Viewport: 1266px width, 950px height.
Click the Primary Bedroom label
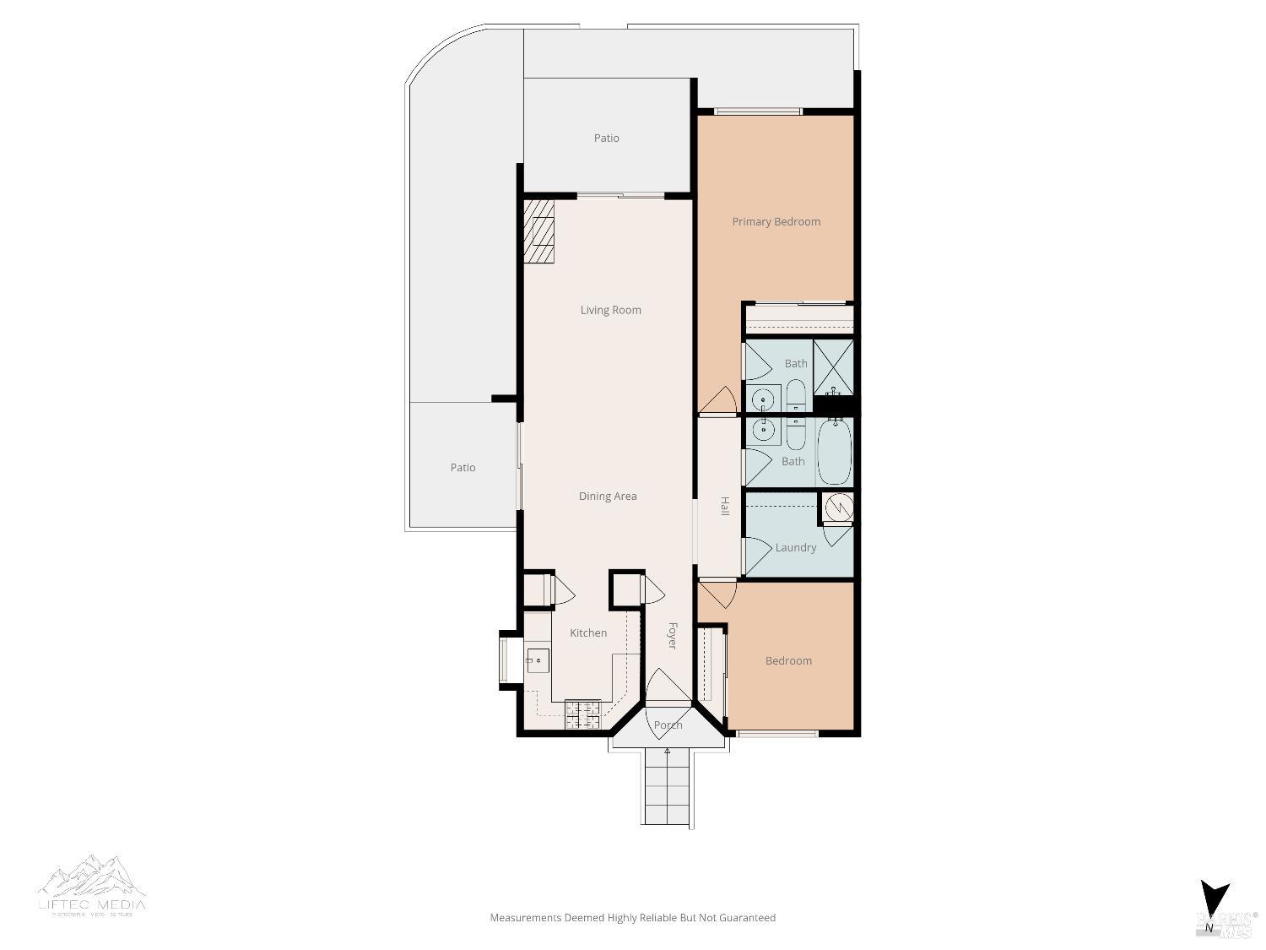776,222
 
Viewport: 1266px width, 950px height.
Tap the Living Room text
610,310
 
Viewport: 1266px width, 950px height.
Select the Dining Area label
607,497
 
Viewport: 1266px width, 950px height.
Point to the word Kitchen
587,633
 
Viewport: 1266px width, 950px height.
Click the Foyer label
673,636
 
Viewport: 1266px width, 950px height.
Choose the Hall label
724,507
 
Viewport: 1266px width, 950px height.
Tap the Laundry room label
795,548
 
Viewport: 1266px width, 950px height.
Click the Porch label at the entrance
668,725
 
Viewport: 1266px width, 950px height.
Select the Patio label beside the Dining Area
463,468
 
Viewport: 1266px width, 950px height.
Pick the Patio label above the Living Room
606,138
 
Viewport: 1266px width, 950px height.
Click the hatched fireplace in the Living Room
538,231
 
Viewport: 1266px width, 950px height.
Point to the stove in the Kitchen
582,715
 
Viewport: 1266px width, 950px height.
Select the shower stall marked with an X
833,367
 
